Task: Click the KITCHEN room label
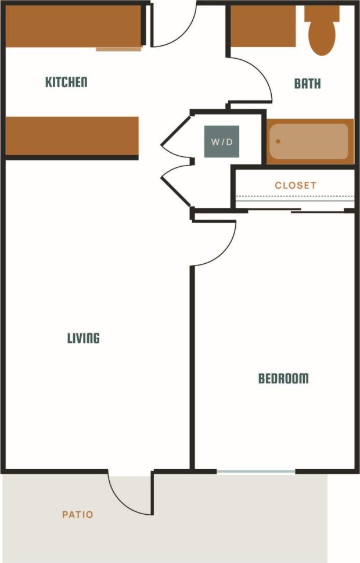coord(66,82)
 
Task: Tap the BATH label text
coord(307,84)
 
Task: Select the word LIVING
coord(84,338)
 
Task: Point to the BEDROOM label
coord(283,379)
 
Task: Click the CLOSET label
coord(296,185)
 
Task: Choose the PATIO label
coord(77,514)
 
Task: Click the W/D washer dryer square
coord(221,141)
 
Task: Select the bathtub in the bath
coord(309,141)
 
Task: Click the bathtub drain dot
coord(278,141)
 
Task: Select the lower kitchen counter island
coord(72,135)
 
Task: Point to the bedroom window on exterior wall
coord(256,471)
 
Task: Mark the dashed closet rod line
coord(295,197)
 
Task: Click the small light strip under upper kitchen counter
coord(118,49)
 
